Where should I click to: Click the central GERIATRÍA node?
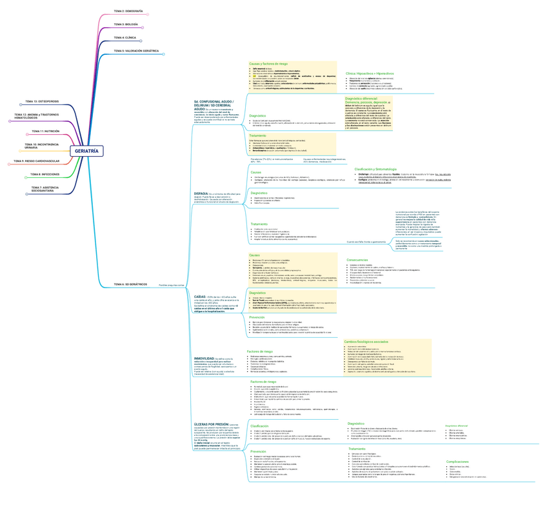click(x=87, y=151)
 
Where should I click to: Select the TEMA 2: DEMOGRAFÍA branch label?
click(x=128, y=12)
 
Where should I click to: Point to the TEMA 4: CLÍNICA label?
click(x=124, y=37)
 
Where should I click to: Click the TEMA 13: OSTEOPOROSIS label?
click(x=42, y=101)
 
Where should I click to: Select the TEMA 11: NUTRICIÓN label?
click(x=45, y=131)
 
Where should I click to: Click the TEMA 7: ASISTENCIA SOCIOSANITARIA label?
click(x=45, y=188)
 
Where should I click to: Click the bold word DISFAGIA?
click(x=201, y=193)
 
